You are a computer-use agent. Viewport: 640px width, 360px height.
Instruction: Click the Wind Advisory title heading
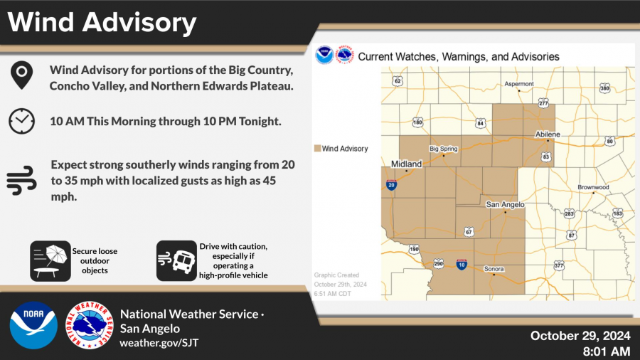click(102, 23)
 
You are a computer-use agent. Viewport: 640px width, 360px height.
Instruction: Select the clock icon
click(21, 121)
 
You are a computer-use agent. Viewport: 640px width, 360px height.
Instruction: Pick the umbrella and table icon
click(50, 260)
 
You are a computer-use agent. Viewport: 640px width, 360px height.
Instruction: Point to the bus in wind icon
click(176, 260)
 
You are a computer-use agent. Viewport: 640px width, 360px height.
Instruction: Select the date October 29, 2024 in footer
click(580, 336)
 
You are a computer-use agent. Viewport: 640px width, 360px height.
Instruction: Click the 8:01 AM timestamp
click(605, 351)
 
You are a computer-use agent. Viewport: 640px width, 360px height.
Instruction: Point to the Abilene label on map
click(548, 134)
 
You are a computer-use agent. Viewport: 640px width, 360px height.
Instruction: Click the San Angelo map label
click(505, 204)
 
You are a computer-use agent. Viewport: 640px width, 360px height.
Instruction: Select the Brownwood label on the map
click(593, 187)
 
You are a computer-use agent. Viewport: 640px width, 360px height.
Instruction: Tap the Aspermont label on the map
click(519, 84)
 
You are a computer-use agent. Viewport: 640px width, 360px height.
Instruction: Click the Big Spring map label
click(444, 149)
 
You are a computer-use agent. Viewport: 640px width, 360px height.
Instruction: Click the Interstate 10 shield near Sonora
click(462, 264)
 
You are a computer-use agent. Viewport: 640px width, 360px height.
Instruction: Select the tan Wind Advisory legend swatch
click(317, 149)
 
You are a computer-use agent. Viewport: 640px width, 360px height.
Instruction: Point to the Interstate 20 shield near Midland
click(391, 185)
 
